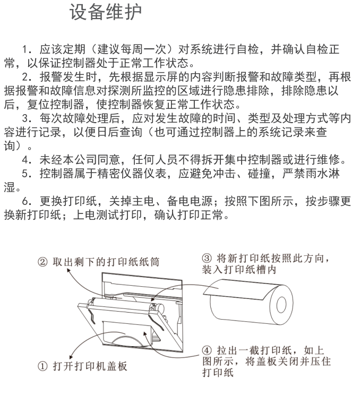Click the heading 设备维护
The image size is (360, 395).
tap(106, 12)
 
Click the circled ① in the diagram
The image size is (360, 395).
tap(42, 366)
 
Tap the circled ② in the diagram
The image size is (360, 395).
tap(42, 262)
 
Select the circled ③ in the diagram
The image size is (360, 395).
tap(207, 258)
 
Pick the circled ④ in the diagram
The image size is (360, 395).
tap(207, 350)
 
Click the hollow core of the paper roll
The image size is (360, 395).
tap(281, 305)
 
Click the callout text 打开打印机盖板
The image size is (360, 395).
tap(90, 366)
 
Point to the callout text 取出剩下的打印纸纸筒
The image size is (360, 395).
tap(106, 262)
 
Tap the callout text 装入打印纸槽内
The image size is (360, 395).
tap(239, 270)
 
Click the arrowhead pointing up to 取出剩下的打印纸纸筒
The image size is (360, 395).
tap(68, 270)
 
